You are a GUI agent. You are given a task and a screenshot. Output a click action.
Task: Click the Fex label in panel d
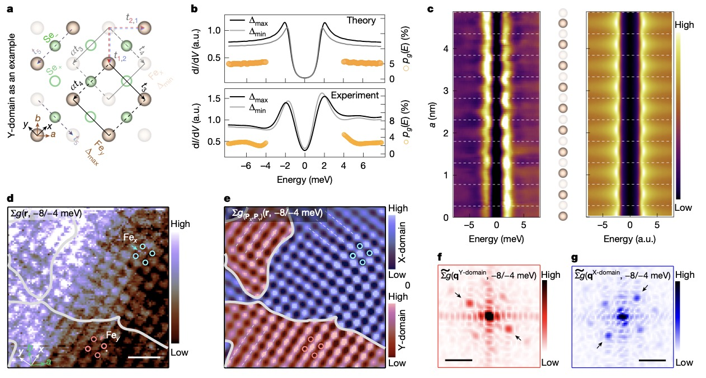pos(130,238)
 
